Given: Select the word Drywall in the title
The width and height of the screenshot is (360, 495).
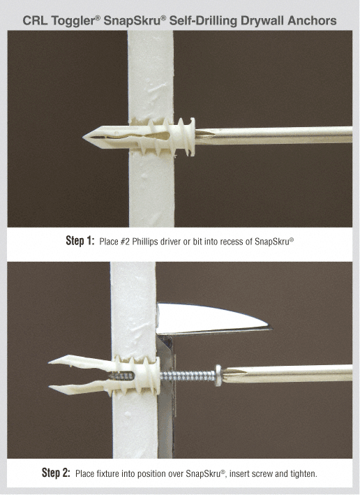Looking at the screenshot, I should click(258, 20).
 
